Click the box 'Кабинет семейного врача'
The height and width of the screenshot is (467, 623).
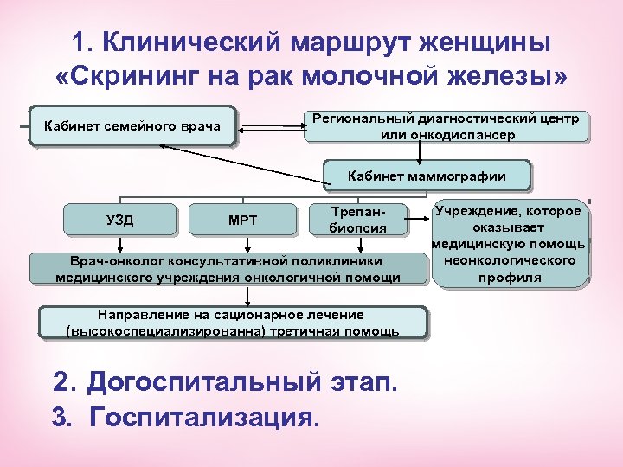point(132,129)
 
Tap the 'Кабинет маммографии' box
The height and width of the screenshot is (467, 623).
point(427,176)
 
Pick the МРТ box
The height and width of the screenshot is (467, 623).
point(242,220)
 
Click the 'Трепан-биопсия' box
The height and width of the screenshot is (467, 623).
point(356,220)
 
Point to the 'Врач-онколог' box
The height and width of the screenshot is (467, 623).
point(228,268)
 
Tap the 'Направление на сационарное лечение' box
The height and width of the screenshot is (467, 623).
point(232,323)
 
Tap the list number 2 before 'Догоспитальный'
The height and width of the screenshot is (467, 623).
point(61,383)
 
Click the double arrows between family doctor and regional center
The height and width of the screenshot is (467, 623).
point(269,128)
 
